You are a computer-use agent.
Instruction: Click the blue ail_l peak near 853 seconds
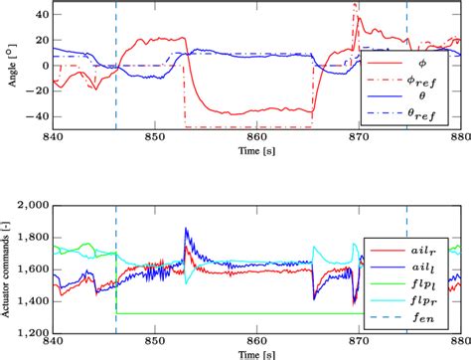[x=186, y=230]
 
